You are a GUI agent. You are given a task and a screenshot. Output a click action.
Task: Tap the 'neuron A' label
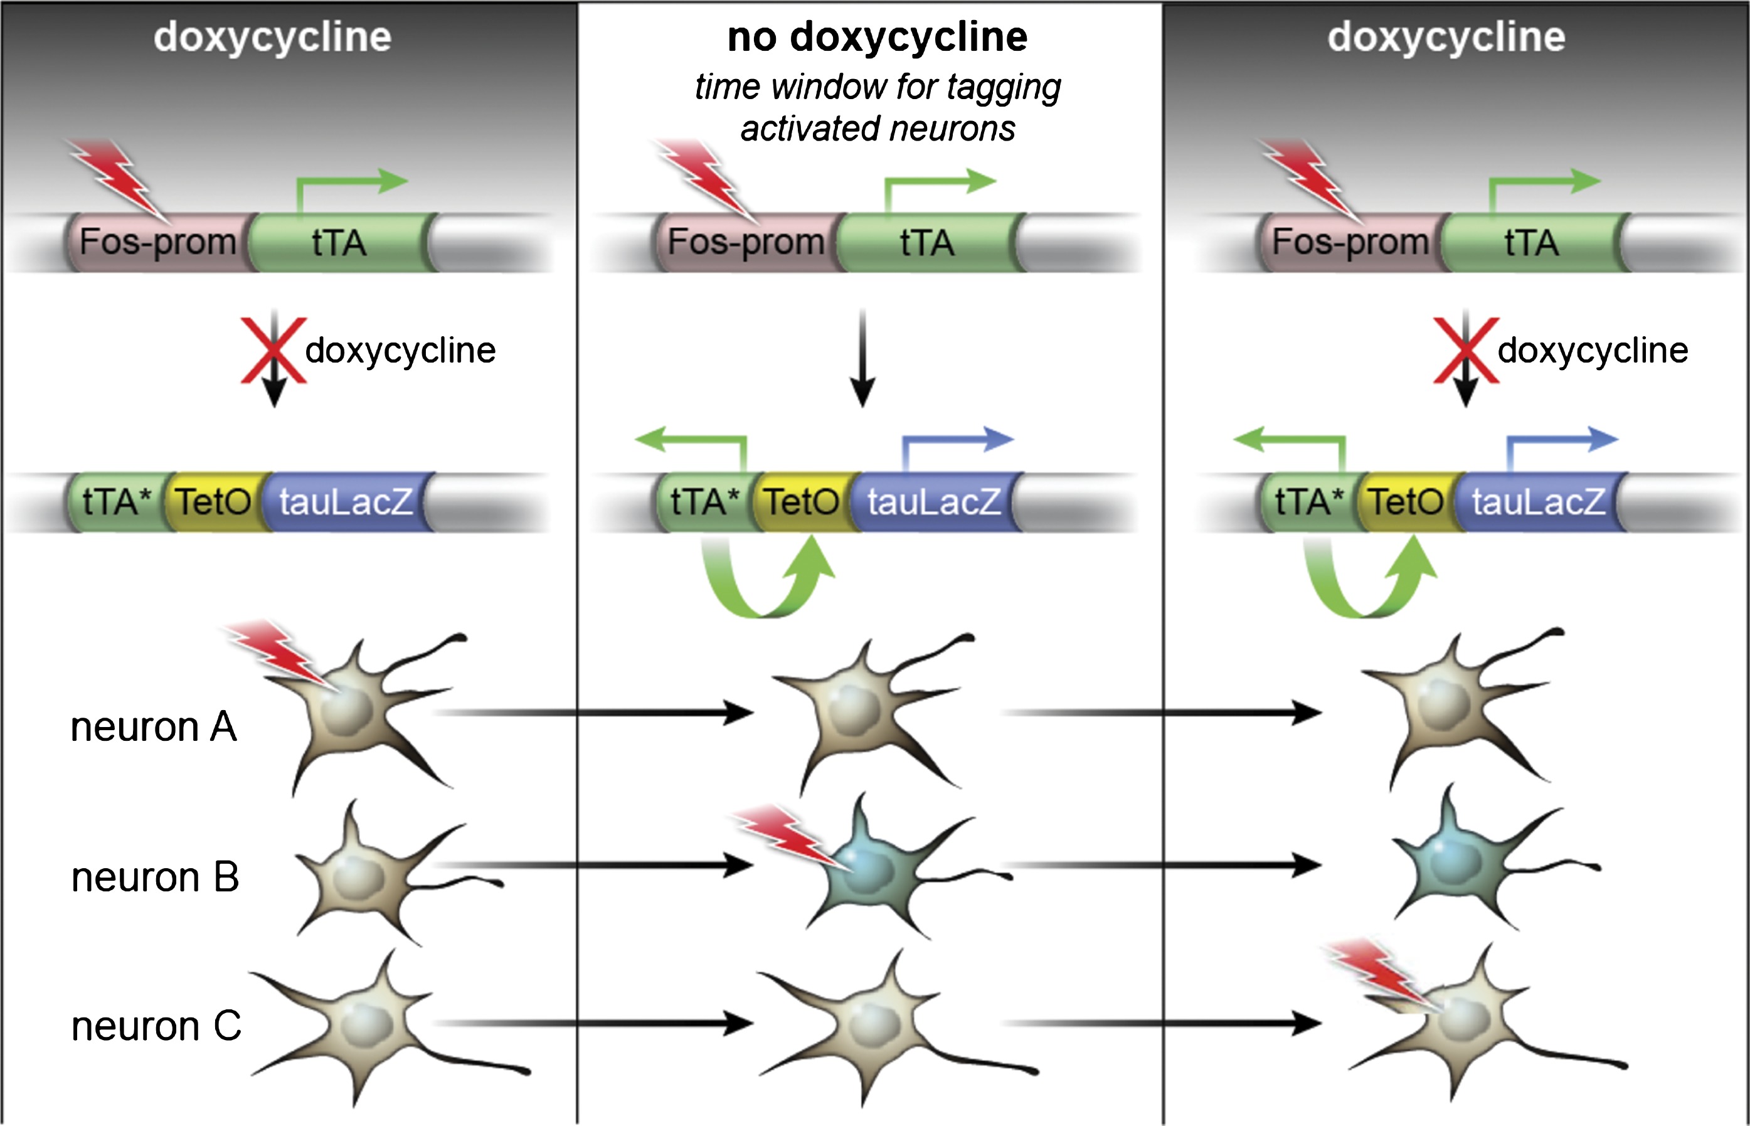point(154,727)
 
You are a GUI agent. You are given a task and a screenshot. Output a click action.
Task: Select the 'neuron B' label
point(155,877)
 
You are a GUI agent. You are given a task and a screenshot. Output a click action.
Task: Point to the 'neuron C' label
point(156,1026)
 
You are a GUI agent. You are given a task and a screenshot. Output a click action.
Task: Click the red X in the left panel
point(273,350)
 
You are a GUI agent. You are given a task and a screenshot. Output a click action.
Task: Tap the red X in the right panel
point(1466,350)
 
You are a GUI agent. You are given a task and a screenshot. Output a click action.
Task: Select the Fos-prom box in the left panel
point(158,242)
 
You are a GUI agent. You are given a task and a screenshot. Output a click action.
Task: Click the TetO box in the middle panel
point(802,502)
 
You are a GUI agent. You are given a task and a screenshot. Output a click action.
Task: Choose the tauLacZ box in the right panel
point(1539,502)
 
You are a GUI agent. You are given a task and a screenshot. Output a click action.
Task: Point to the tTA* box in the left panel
point(117,502)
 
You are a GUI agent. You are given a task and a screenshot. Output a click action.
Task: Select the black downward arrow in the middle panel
point(862,358)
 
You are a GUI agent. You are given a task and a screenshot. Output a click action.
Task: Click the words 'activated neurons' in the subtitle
point(877,129)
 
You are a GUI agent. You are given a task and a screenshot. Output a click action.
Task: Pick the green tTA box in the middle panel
point(927,242)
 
